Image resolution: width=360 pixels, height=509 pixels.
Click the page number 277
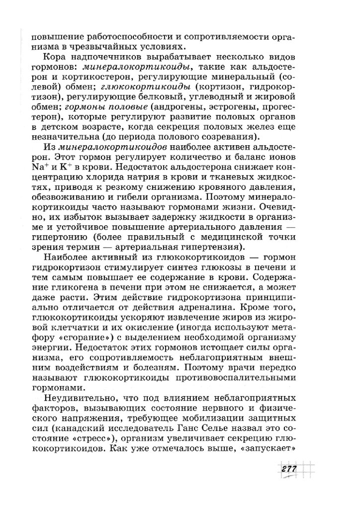289,470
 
